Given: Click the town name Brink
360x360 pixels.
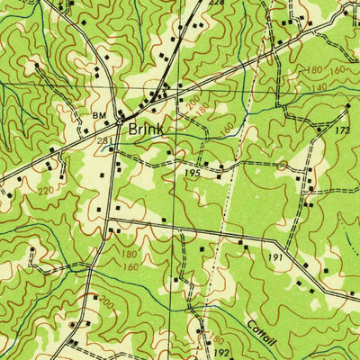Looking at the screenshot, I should [x=146, y=130].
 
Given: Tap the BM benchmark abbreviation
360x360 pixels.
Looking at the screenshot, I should [x=99, y=115].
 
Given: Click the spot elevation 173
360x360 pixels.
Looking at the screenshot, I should [x=342, y=131].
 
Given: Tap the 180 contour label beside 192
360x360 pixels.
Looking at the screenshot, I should [x=215, y=339].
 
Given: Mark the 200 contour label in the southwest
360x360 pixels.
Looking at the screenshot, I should [x=106, y=301].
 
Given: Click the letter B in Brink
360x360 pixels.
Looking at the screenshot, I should [x=133, y=130].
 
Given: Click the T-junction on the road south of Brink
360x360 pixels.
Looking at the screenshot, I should [x=107, y=220].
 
